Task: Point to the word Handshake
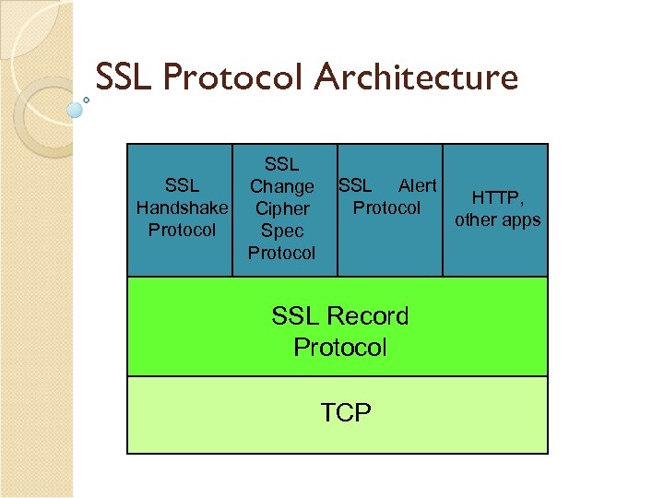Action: (x=182, y=207)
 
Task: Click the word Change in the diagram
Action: (x=281, y=186)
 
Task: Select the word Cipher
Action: (x=281, y=208)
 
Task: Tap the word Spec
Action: (x=281, y=231)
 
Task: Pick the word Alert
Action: (x=417, y=185)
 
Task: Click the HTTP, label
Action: (x=497, y=197)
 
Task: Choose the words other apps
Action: (x=497, y=219)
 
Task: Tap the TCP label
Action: (x=346, y=412)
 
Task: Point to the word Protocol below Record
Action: (x=339, y=348)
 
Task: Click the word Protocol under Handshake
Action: (x=182, y=230)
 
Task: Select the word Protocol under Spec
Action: (x=281, y=253)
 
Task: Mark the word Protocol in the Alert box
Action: (x=386, y=207)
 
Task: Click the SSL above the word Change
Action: (x=281, y=164)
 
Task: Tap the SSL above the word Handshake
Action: (x=182, y=185)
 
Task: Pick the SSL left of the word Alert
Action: (x=355, y=185)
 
